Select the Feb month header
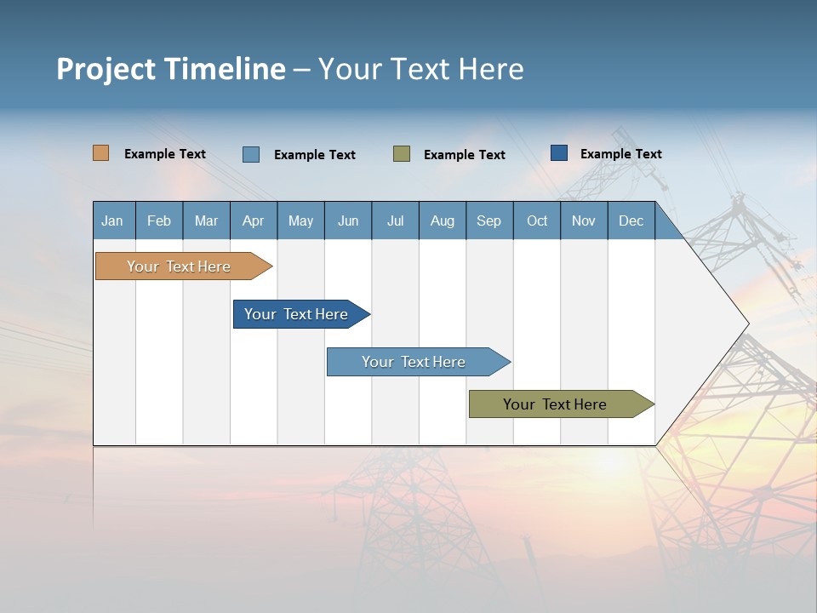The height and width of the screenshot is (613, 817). click(159, 221)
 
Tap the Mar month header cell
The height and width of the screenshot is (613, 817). click(206, 221)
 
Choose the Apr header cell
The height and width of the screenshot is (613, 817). click(254, 221)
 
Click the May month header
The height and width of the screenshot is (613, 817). click(300, 221)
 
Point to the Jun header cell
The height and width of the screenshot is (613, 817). click(348, 221)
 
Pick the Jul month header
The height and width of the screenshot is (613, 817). click(395, 221)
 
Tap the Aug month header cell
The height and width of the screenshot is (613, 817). click(443, 221)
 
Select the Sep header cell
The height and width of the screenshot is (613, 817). click(489, 221)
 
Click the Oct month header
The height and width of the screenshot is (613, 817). click(537, 221)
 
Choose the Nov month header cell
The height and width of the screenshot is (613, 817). click(584, 221)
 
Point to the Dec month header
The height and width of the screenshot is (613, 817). click(631, 221)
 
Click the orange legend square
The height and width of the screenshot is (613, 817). click(101, 153)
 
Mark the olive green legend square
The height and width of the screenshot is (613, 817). click(402, 153)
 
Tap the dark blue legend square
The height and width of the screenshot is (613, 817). click(559, 152)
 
